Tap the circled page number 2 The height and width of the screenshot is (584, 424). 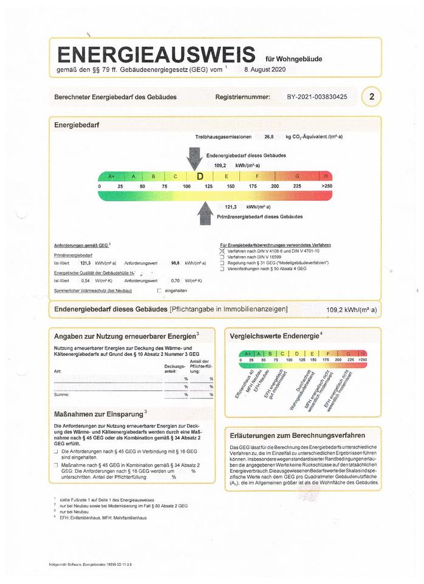coord(371,97)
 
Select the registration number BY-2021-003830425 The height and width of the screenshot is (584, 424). coord(317,97)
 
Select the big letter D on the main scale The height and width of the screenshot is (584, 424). coord(200,176)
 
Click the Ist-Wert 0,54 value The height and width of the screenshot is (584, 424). coord(86,280)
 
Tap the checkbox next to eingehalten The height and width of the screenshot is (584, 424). coord(159,291)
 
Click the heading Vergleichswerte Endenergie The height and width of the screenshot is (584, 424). coord(274,336)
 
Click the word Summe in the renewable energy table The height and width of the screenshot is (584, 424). coord(61,395)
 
